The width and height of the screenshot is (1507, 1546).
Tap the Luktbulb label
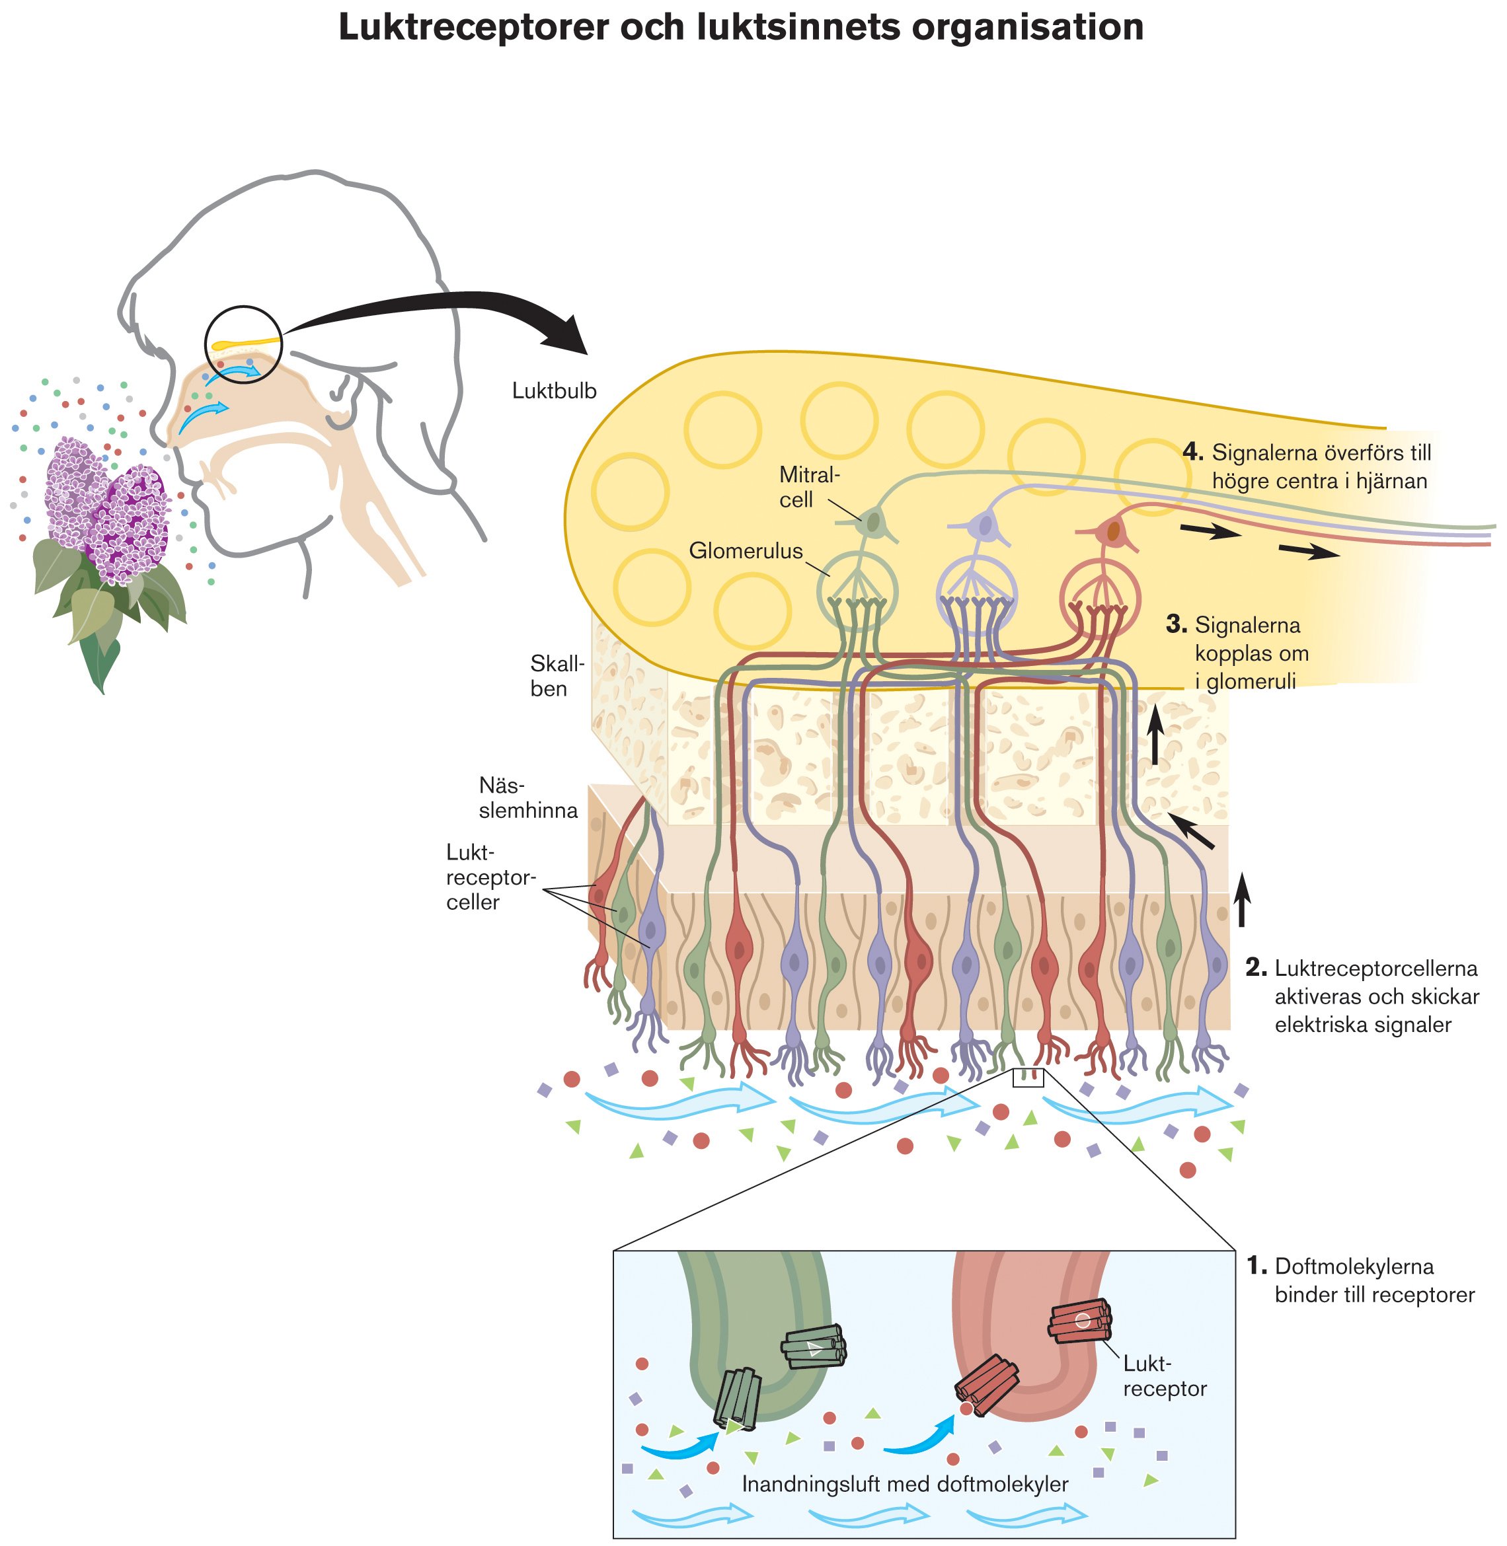(554, 391)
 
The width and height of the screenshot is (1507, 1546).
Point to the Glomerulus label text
(746, 550)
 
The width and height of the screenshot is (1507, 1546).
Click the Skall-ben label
(557, 676)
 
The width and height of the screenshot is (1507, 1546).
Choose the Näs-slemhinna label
(528, 797)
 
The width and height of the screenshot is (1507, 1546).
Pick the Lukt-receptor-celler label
(490, 877)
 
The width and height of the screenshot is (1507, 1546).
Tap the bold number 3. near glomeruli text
(1176, 625)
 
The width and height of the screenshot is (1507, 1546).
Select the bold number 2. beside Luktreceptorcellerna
(1256, 968)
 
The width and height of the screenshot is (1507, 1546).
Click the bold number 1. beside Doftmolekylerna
(1257, 1267)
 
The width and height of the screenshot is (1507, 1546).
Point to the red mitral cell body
(1114, 531)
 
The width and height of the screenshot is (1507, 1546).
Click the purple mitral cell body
(985, 524)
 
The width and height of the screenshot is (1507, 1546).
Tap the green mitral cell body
(872, 522)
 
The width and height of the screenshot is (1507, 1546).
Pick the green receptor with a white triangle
(814, 1347)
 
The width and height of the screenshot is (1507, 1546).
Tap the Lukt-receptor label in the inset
(1163, 1377)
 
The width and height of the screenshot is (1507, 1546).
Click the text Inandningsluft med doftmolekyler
(905, 1483)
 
